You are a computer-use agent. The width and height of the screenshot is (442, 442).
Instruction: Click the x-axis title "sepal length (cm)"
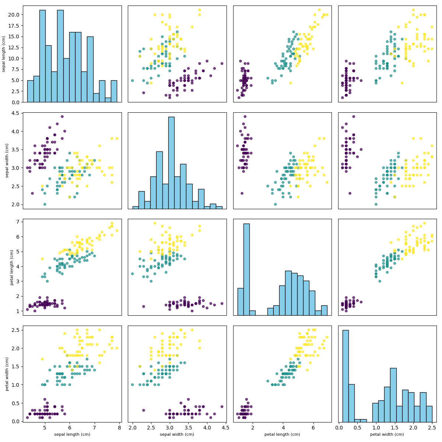click(72, 434)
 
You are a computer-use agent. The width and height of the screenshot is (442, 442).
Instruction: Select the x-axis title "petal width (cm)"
click(387, 434)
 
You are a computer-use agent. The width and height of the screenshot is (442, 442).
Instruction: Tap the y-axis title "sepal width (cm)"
click(7, 161)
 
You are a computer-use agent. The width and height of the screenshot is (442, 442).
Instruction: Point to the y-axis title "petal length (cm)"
click(12, 267)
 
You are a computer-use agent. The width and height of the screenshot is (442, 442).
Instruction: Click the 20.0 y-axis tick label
click(14, 15)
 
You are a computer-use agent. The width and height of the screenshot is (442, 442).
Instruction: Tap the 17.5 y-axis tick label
click(14, 36)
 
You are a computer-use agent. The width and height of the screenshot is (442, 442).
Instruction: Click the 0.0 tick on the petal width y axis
click(15, 421)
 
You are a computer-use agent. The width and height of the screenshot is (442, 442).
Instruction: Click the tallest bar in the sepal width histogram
click(171, 162)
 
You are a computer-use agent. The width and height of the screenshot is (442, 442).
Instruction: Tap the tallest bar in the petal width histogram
click(345, 376)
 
